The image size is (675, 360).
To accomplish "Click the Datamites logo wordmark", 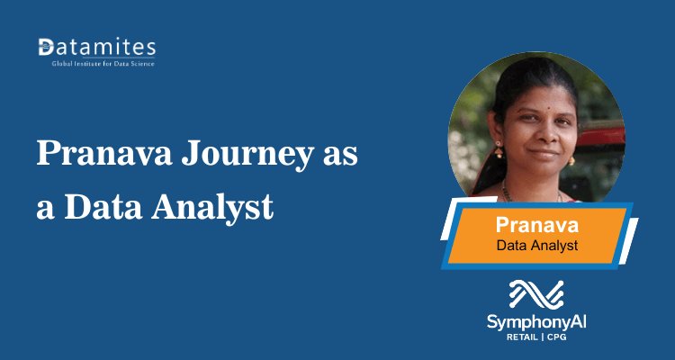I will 97,47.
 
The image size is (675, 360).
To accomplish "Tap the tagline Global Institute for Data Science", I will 97,63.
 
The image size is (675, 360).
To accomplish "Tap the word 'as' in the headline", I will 339,155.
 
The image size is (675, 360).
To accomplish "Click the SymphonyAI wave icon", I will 535,294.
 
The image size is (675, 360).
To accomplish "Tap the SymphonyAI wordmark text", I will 536,320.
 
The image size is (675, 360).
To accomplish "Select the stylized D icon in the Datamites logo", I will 46,47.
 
